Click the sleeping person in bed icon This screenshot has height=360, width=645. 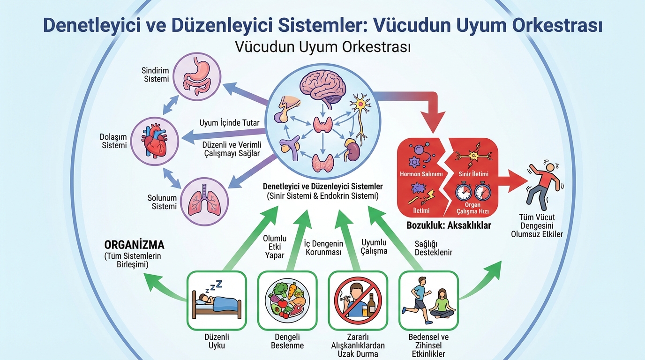tap(217, 300)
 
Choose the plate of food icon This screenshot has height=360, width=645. tap(287, 300)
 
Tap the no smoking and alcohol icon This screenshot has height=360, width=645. tap(358, 300)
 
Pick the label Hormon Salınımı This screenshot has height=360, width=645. tap(421, 174)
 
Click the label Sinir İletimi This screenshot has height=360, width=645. tap(472, 174)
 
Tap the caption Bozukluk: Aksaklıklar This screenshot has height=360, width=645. tap(449, 225)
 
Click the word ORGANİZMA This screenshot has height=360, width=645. tap(134, 245)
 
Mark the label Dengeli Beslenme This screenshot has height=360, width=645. tap(287, 341)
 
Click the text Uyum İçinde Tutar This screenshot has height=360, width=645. tap(229, 123)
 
